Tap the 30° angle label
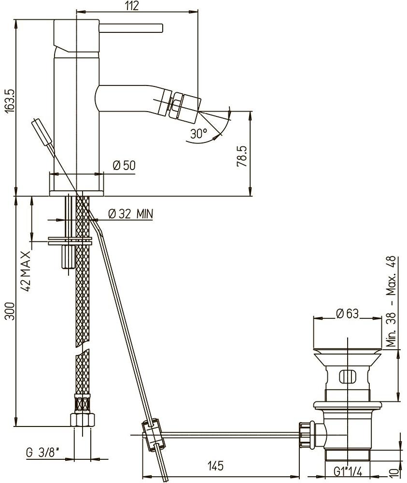click(198, 133)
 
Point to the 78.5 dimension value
click(242, 156)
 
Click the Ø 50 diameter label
click(124, 165)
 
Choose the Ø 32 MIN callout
click(131, 213)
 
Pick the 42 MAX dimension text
click(26, 271)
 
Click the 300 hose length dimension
click(10, 311)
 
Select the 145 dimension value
click(215, 466)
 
